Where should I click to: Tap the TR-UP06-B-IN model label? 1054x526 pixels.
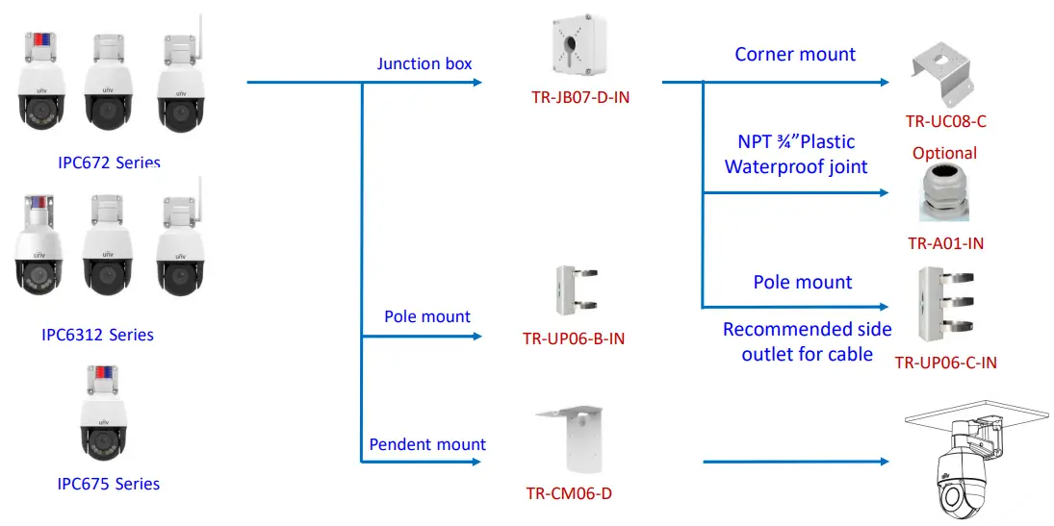(574, 338)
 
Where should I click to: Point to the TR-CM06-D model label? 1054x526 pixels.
(569, 494)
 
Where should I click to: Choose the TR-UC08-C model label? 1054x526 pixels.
(946, 121)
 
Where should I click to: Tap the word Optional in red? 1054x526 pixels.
(944, 153)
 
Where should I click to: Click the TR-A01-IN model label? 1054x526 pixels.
(946, 243)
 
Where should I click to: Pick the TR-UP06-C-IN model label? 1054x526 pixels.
(946, 363)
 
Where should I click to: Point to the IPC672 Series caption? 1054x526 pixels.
(108, 163)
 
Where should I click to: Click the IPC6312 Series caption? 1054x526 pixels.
(98, 335)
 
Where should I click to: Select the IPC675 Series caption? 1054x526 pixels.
(109, 484)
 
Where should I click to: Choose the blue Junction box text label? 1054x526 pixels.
(424, 64)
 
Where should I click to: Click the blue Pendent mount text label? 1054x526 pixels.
(427, 444)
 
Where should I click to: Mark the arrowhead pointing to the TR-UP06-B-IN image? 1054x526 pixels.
(476, 337)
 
